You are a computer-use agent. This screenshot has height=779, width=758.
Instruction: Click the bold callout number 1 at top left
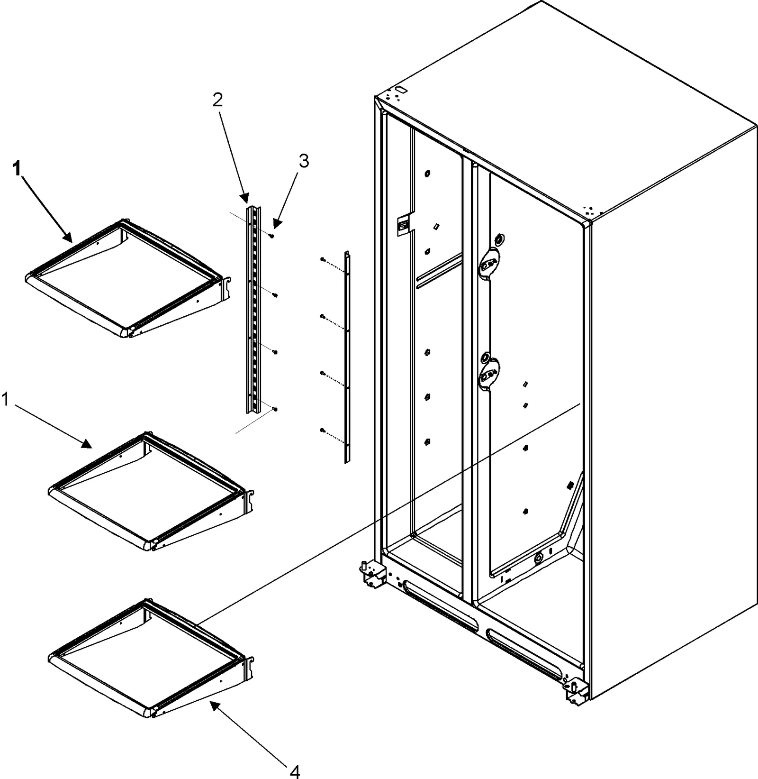click(x=17, y=169)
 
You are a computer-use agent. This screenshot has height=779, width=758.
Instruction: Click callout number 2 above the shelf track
click(x=217, y=100)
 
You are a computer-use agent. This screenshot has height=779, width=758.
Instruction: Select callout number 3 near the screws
click(x=303, y=162)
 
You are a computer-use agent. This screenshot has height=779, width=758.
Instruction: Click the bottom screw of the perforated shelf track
click(x=275, y=409)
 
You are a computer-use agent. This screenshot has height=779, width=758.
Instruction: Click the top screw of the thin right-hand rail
click(x=322, y=259)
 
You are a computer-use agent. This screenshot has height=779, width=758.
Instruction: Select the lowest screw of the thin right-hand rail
click(x=322, y=431)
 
